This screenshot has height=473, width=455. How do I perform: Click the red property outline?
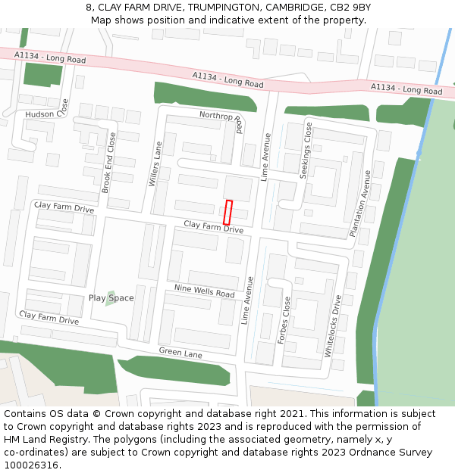pos(227,212)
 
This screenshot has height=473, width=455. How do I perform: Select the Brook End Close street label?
pos(109,162)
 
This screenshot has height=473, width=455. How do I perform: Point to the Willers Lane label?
pos(156,164)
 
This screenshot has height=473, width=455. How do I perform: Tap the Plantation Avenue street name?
pos(359,204)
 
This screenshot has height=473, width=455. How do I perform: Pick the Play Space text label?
pos(111,298)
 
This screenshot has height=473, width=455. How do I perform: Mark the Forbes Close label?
pos(285,321)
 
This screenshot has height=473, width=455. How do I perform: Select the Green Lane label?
pos(180,352)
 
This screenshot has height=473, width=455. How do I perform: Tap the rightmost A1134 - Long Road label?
pos(406,89)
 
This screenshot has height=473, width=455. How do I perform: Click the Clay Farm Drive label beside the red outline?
pos(213,227)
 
